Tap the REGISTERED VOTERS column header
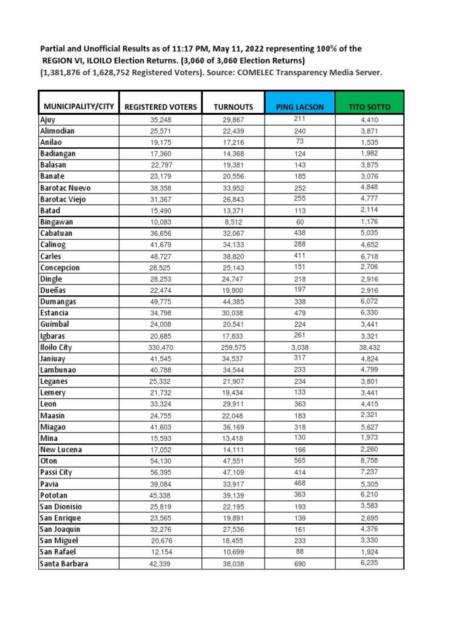coord(161,107)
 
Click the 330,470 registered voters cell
coord(161,347)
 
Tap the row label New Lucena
coord(61,449)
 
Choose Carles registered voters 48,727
coord(161,257)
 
